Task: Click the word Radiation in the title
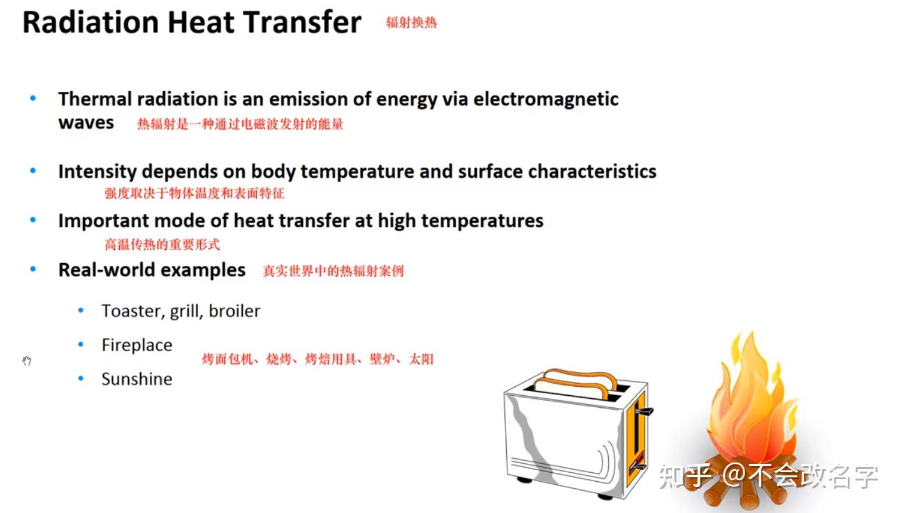pyautogui.click(x=91, y=22)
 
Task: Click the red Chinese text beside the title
pyautogui.click(x=411, y=22)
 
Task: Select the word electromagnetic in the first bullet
pyautogui.click(x=546, y=99)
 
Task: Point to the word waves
pyautogui.click(x=86, y=123)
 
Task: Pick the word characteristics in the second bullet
pyautogui.click(x=592, y=171)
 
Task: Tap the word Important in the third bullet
pyautogui.click(x=103, y=221)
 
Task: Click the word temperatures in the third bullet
pyautogui.click(x=483, y=221)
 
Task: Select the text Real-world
pyautogui.click(x=106, y=270)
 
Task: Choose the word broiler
pyautogui.click(x=235, y=311)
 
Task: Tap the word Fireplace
pyautogui.click(x=137, y=345)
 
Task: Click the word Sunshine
pyautogui.click(x=137, y=379)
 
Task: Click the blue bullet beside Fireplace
pyautogui.click(x=81, y=344)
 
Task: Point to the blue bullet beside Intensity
pyautogui.click(x=33, y=171)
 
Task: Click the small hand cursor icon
pyautogui.click(x=27, y=361)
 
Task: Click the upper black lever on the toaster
pyautogui.click(x=644, y=411)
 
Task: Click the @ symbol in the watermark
pyautogui.click(x=734, y=475)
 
